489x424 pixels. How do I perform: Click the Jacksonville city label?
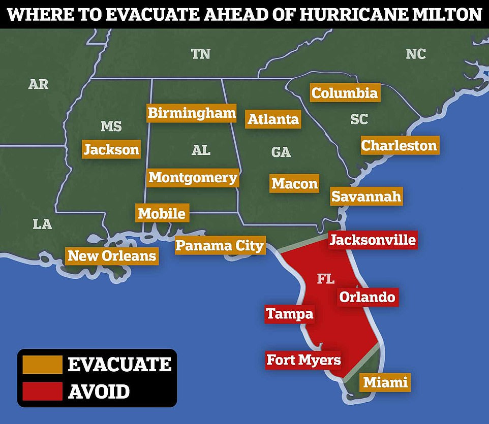(373, 239)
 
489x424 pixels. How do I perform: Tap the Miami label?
(385, 382)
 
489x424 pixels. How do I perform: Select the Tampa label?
(289, 314)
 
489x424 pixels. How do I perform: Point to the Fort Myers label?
(303, 360)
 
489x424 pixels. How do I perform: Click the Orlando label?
(367, 297)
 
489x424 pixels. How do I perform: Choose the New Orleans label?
(112, 255)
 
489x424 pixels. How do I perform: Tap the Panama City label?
(220, 246)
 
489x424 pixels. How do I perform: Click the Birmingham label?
(192, 113)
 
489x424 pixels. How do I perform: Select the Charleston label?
(399, 145)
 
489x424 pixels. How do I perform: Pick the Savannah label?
(366, 196)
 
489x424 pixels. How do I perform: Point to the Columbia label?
(345, 93)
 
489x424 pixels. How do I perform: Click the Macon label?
(294, 183)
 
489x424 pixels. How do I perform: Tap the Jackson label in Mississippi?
(111, 149)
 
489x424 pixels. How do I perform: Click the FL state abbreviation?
(326, 278)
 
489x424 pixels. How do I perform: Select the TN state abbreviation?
(200, 54)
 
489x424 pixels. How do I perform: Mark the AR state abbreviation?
(38, 84)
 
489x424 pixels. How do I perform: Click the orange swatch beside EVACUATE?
(42, 364)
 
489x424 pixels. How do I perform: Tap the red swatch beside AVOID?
(42, 391)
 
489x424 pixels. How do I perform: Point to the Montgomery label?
(193, 178)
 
